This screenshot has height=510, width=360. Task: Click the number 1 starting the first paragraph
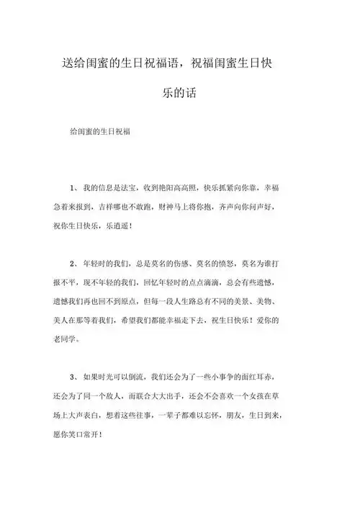tap(73, 189)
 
